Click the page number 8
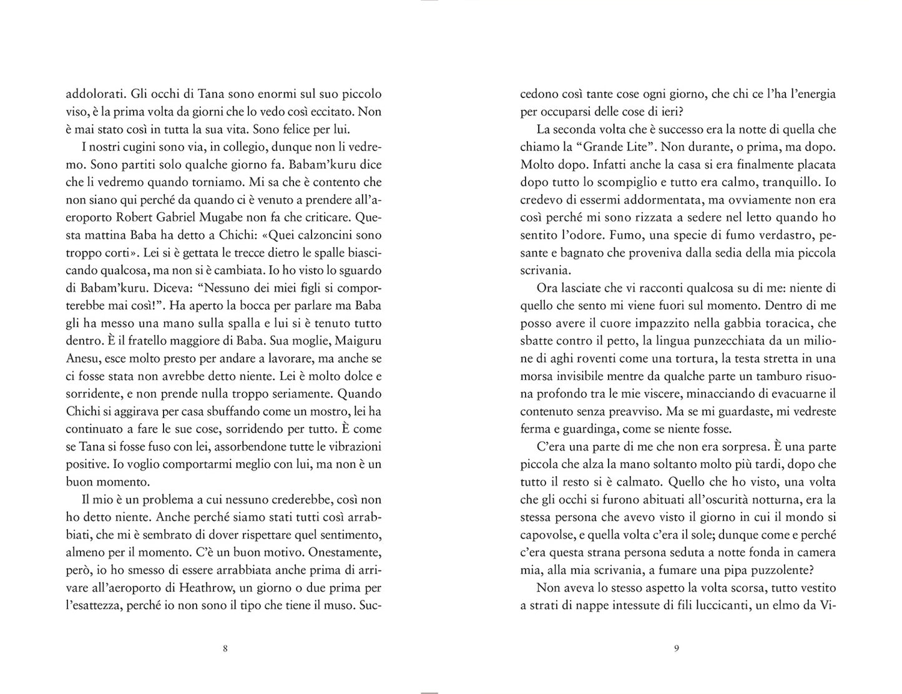pyautogui.click(x=225, y=648)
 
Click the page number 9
pyautogui.click(x=677, y=648)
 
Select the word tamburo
pyautogui.click(x=772, y=376)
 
